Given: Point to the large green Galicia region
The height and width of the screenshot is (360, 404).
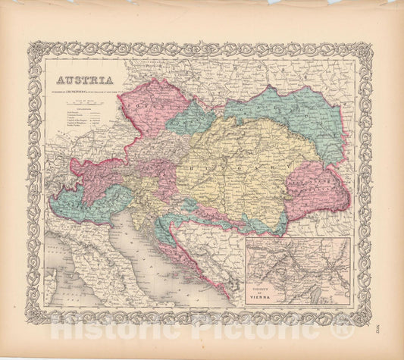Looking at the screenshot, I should point(288,114).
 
